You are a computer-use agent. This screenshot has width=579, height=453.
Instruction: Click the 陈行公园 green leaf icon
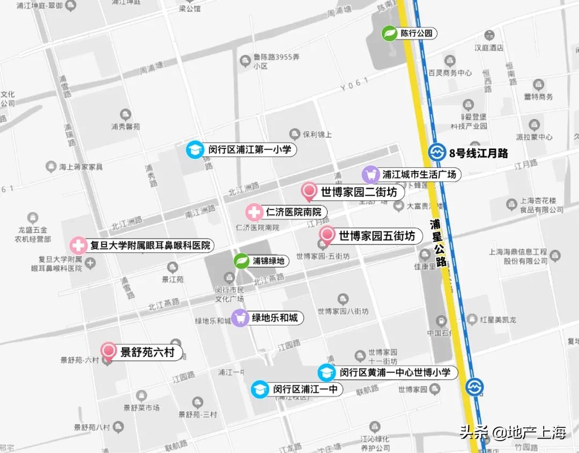[x=389, y=33]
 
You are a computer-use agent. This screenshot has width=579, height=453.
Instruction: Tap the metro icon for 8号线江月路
[x=437, y=153]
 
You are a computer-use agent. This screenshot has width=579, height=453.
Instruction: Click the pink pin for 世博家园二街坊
[x=309, y=191]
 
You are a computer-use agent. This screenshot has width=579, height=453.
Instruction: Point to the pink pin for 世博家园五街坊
[x=326, y=235]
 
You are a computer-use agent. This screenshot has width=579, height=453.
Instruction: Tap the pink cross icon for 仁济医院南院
[x=254, y=212]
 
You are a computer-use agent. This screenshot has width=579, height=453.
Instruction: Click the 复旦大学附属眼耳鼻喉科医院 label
[x=150, y=246]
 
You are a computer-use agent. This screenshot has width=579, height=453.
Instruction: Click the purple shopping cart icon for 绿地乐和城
[x=240, y=317]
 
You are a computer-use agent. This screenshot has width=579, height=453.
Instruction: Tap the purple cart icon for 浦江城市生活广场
[x=370, y=174]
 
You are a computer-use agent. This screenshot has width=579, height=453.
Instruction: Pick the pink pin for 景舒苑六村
[x=109, y=352]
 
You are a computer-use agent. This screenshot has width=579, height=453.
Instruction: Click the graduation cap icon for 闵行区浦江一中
[x=260, y=389]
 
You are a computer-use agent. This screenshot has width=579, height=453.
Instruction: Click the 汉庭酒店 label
[x=489, y=48]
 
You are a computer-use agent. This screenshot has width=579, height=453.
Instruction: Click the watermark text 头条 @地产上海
[x=513, y=432]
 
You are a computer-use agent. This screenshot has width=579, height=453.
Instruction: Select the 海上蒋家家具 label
[x=80, y=167]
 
